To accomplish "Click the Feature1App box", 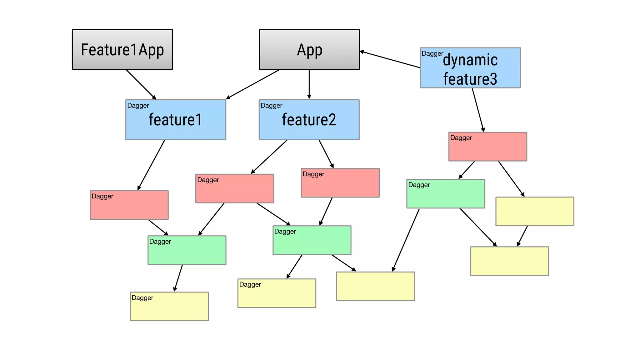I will coord(122,50).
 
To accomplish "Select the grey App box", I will coord(309,50).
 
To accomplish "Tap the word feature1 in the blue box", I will coord(175,120).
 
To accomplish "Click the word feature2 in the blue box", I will coord(309,120).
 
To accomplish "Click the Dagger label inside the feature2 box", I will coord(271,106).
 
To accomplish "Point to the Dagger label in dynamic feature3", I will coord(432,53).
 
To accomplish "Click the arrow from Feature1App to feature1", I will coord(141,84).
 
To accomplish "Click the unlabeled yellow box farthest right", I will coord(535,211).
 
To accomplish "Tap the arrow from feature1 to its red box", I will coord(151,165).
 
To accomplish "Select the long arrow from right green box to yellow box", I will coord(406,240).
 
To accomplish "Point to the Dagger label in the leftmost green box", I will coord(160,242).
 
